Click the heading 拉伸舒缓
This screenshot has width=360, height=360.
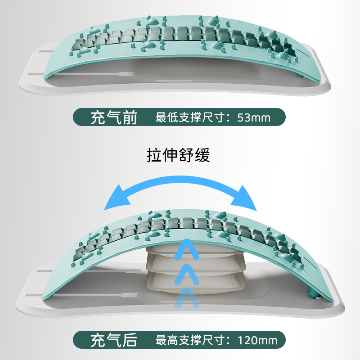click(x=179, y=155)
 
